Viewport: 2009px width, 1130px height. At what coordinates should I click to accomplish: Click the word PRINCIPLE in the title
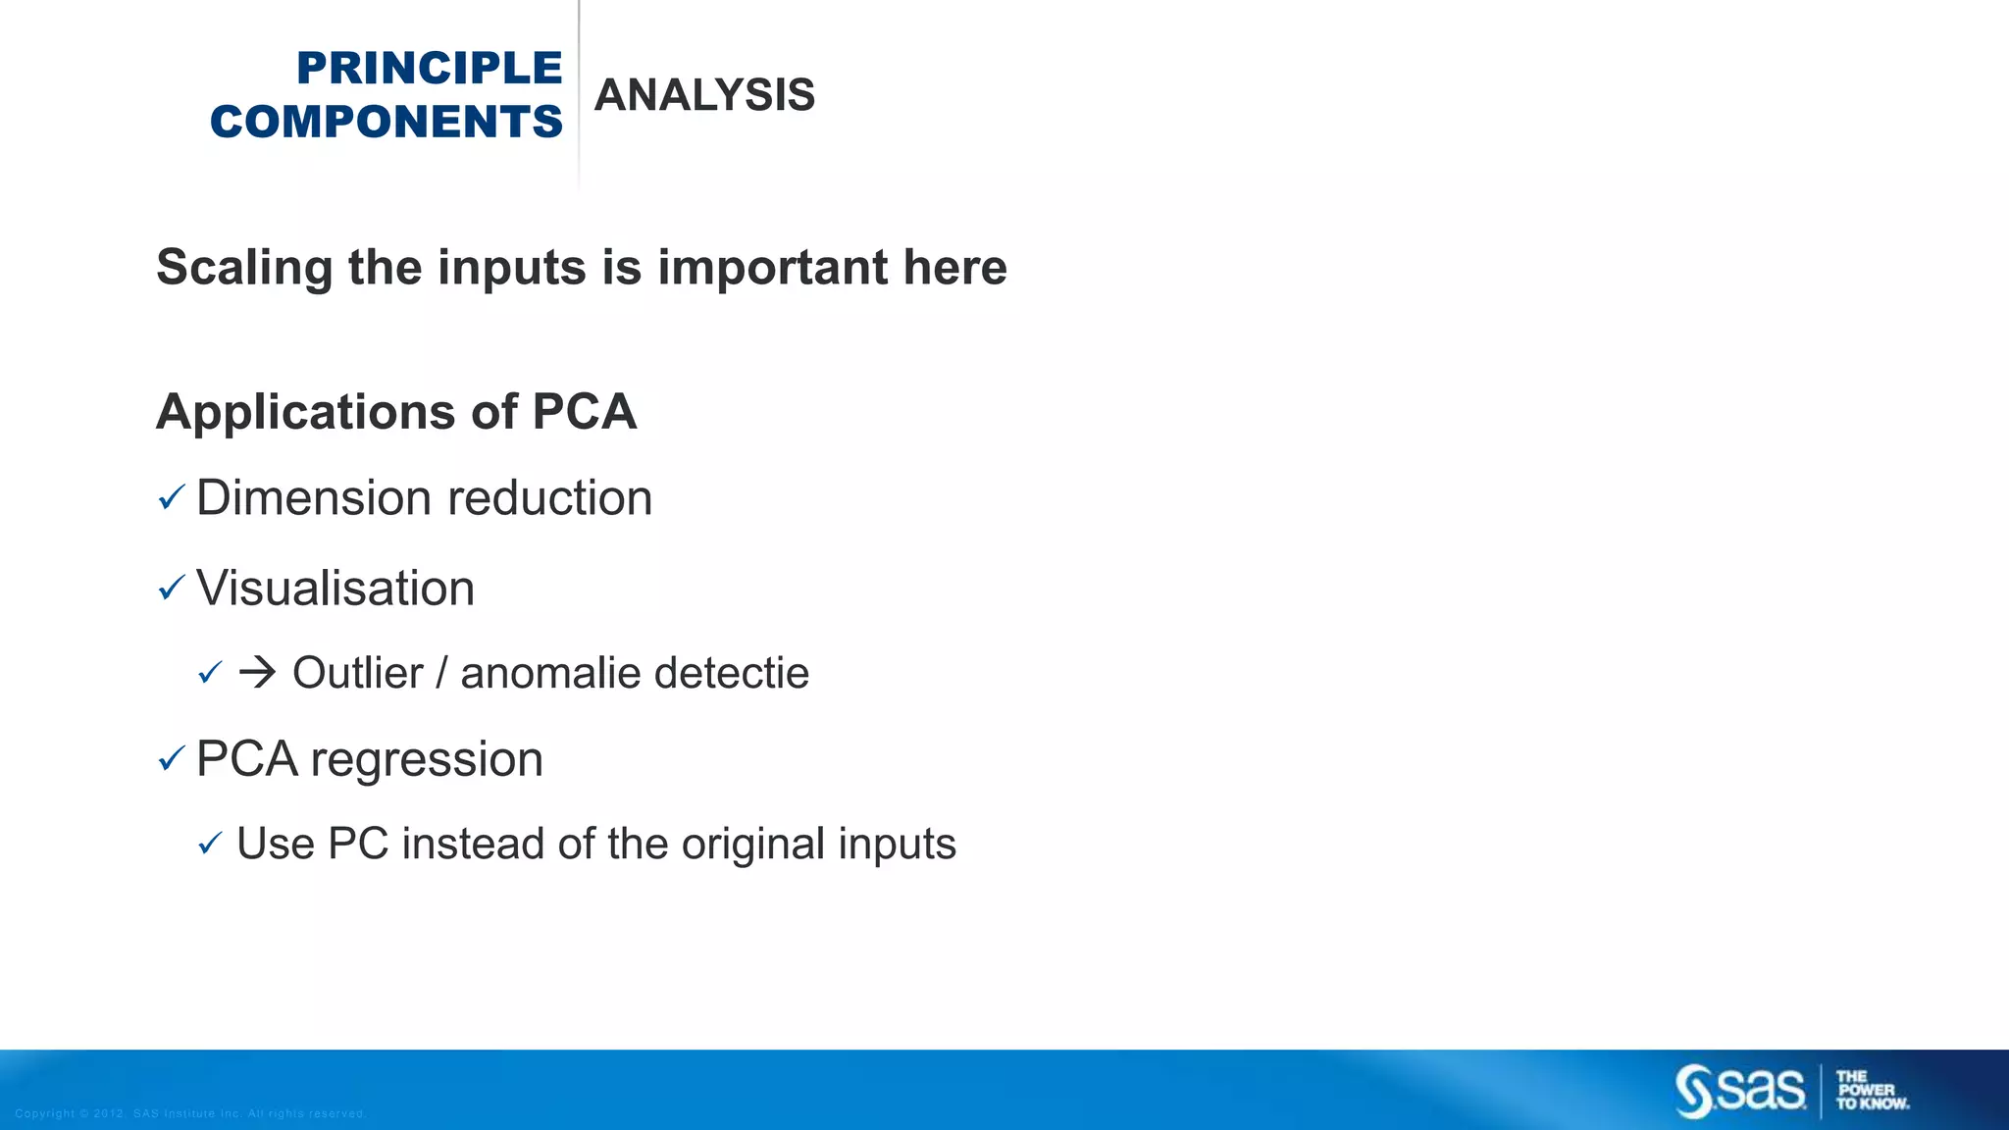click(429, 69)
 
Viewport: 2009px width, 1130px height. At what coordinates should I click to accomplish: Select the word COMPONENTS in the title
click(386, 122)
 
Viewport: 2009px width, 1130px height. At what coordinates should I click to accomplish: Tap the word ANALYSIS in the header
click(704, 95)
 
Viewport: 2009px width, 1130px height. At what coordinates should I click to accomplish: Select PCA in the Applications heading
click(585, 411)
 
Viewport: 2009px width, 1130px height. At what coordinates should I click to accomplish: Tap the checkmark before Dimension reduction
click(171, 498)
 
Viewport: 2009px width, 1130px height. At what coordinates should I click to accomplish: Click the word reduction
click(550, 498)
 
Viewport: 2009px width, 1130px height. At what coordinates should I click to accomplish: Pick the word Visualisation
click(335, 589)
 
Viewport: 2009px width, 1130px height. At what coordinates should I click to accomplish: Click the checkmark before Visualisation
click(171, 589)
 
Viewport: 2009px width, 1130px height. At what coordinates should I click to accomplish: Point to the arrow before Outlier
click(257, 673)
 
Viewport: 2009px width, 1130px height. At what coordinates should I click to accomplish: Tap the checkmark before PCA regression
click(171, 758)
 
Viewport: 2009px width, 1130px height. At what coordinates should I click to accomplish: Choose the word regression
click(427, 759)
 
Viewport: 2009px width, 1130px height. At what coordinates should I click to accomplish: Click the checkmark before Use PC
click(210, 844)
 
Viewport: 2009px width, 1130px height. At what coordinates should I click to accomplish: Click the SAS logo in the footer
click(1740, 1091)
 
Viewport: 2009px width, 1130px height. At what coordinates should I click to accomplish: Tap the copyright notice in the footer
click(190, 1113)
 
